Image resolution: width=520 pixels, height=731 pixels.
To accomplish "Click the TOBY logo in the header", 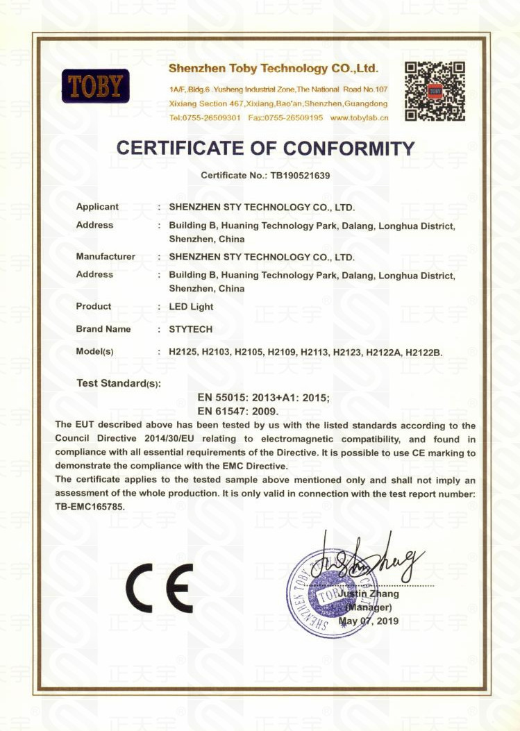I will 95,86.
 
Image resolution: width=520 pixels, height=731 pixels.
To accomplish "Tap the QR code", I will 435,91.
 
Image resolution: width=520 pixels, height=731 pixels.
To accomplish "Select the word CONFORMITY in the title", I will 349,149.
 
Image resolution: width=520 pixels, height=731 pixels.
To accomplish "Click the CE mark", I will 159,587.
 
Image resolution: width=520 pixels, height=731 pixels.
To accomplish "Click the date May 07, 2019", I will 369,621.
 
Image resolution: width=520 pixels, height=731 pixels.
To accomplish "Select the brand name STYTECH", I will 190,329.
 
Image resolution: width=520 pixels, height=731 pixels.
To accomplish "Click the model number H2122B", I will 423,353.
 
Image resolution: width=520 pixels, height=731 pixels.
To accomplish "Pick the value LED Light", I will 191,306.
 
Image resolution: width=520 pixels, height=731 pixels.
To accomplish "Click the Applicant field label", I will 97,207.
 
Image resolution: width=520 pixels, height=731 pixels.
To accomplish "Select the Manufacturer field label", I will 106,257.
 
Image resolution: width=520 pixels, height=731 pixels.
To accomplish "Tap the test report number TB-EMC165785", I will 90,507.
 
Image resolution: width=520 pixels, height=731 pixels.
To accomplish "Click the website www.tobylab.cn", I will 359,117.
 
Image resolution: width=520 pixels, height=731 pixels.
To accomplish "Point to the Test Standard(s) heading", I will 118,383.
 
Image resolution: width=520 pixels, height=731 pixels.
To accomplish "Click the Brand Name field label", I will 103,329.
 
